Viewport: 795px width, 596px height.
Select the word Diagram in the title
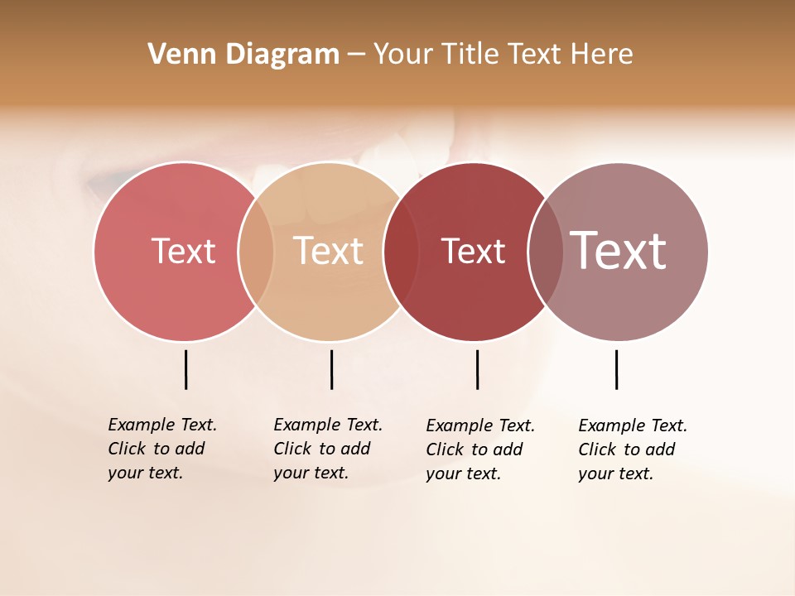282,55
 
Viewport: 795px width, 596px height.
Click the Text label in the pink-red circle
183,251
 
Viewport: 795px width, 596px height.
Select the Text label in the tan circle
328,251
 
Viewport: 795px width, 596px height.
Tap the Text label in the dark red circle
473,251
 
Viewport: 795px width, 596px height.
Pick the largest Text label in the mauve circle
618,251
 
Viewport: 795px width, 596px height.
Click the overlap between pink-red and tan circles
256,252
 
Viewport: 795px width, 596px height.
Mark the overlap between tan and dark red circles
401,252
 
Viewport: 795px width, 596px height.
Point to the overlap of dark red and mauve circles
545,252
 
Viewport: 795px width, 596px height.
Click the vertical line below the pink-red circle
185,369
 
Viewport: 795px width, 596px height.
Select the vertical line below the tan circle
331,369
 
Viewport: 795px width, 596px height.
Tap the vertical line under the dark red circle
477,369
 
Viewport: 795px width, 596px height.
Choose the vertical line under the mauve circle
616,369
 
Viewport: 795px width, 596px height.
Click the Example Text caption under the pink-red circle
162,449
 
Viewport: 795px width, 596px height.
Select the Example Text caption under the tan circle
328,449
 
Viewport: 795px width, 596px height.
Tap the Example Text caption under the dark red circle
480,449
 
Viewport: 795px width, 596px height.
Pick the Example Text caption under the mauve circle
633,449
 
